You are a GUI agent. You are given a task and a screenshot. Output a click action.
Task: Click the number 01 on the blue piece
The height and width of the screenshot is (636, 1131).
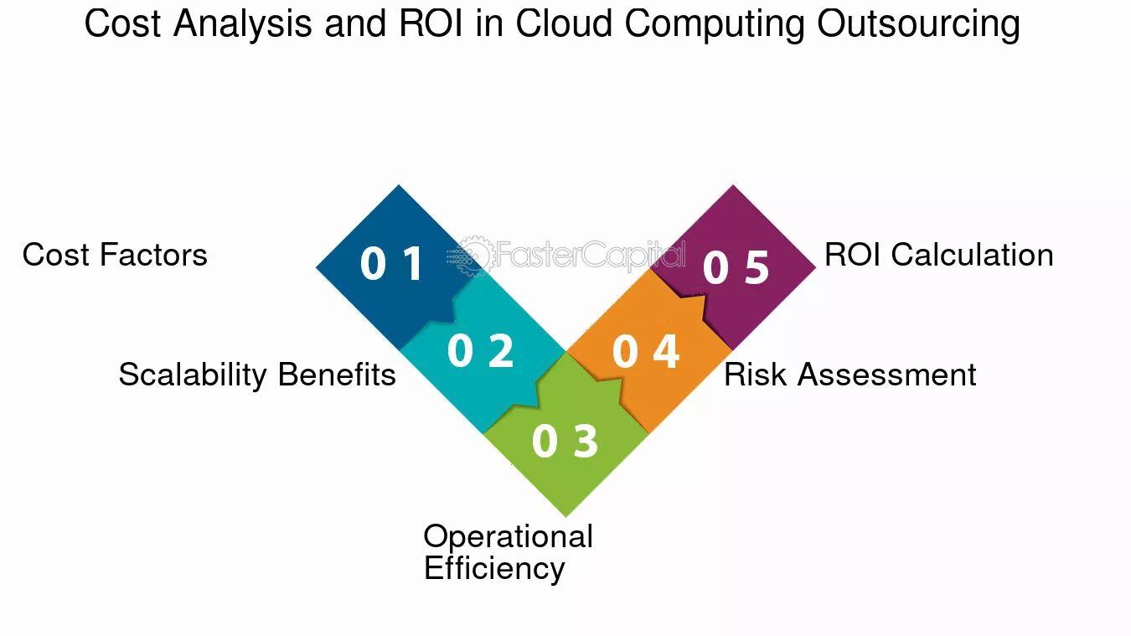392,262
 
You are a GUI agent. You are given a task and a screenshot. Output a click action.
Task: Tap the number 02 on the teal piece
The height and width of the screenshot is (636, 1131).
480,350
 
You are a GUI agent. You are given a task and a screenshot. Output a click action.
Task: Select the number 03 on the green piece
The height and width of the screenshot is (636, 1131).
565,441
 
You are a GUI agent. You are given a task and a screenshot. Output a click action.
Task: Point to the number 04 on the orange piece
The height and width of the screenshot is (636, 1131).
646,351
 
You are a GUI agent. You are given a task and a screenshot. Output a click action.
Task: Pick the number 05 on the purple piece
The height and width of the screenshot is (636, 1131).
736,266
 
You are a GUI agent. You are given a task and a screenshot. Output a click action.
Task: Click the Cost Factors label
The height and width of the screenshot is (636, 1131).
115,255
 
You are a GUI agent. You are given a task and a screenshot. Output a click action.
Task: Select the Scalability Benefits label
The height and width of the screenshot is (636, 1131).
257,375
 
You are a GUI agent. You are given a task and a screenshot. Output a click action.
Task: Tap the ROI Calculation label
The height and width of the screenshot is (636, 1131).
939,255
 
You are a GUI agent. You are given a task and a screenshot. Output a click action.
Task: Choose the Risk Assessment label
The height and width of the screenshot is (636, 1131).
850,375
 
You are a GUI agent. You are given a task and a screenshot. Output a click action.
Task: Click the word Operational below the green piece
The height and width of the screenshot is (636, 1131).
509,536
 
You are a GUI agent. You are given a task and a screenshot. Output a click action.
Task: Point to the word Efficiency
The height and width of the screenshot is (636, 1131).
494,568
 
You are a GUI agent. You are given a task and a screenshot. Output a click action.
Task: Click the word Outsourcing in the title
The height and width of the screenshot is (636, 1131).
919,23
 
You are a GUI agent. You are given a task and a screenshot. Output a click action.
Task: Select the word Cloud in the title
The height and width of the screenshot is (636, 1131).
565,23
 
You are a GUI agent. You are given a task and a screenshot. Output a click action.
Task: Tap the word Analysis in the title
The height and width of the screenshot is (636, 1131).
242,23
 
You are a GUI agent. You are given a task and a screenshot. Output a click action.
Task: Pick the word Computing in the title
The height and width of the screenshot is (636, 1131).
715,23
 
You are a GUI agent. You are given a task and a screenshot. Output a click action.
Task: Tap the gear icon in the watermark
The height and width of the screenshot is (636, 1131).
476,256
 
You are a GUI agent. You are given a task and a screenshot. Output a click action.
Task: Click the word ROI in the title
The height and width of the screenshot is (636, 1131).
431,23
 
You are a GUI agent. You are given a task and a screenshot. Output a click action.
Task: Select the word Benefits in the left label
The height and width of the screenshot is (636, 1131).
337,375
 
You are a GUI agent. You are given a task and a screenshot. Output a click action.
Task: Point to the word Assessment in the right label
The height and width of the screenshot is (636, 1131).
886,375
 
